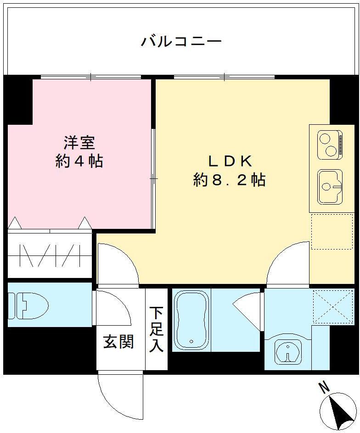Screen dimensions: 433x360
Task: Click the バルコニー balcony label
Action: point(181,42)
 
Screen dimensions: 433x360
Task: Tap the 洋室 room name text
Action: point(79,143)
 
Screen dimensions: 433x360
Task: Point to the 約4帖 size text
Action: point(79,161)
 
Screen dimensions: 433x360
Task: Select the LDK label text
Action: point(229,161)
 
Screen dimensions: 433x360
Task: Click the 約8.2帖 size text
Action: point(229,180)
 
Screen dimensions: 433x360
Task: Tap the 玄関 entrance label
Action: point(118,342)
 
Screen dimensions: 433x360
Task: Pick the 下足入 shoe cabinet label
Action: point(156,329)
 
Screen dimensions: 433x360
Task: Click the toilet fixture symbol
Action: point(30,306)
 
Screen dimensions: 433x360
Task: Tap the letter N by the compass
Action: point(324,388)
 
